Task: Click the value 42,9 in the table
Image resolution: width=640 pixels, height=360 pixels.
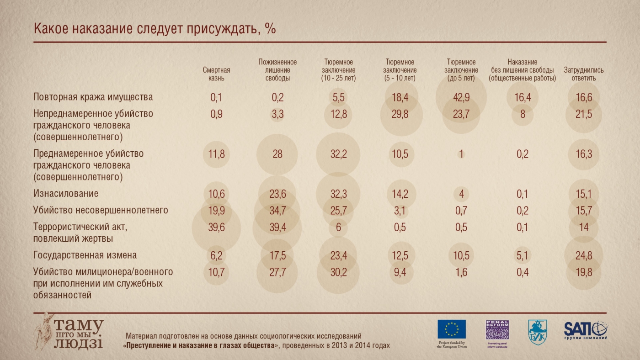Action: pos(461,97)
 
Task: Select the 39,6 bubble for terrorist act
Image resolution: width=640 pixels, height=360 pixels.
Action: pos(216,227)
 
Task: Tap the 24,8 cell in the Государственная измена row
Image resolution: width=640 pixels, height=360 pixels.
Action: pos(584,255)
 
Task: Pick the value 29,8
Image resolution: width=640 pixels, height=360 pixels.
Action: pos(400,114)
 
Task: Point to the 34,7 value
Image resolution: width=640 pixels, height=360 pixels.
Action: pos(277,210)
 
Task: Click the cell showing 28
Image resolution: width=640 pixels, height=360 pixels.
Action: pos(277,154)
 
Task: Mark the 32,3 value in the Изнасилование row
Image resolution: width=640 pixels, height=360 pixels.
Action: pos(338,194)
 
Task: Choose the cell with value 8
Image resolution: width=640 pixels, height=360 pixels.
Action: pos(522,114)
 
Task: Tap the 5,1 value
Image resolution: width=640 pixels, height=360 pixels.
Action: pos(522,255)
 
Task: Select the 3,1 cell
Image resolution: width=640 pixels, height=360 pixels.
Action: pos(400,210)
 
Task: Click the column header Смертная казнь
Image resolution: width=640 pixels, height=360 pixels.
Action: pos(216,74)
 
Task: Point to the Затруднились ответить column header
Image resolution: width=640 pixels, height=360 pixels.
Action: pos(583,74)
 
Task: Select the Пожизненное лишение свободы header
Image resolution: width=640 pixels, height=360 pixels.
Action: pos(277,70)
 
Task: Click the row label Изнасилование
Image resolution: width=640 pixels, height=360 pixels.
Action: pos(66,194)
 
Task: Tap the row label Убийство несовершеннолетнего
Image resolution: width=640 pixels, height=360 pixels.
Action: pos(101,210)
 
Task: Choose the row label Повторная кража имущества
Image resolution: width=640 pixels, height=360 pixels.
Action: pos(93,97)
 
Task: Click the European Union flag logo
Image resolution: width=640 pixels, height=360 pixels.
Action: pos(452,329)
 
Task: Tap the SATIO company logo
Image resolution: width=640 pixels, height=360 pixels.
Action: pos(586,329)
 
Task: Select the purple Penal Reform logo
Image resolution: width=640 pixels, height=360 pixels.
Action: pos(497,330)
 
